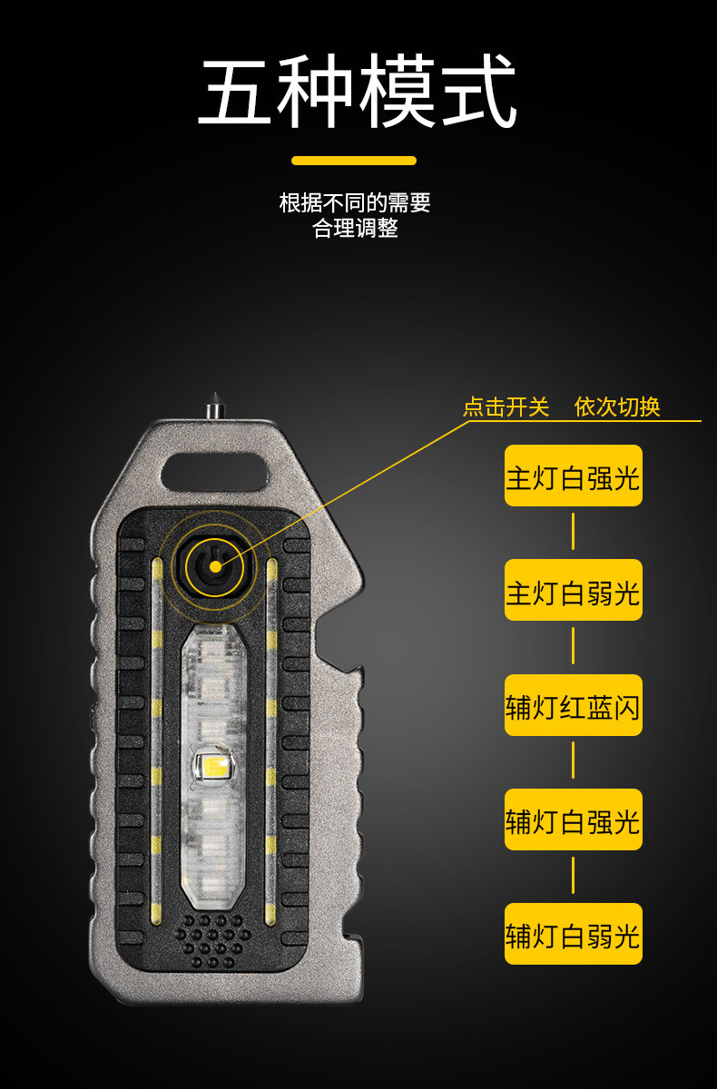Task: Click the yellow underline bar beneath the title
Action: pos(354,161)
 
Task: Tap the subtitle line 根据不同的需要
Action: pos(355,202)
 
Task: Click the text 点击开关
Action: pos(506,407)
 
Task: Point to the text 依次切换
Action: pos(617,407)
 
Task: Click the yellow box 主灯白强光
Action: pos(573,476)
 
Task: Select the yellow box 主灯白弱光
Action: pos(573,591)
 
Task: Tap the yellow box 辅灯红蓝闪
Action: pos(573,705)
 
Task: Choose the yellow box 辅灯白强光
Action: pos(573,819)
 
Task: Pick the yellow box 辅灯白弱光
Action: pos(573,934)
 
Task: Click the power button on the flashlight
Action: pos(215,566)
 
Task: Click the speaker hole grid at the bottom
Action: pos(214,937)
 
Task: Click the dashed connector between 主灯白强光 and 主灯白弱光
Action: pos(573,533)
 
